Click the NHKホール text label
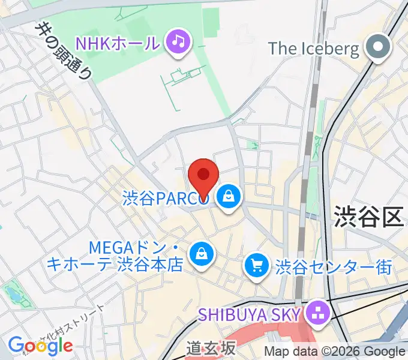[x=117, y=43]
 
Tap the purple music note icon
[x=179, y=41]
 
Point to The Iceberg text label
[x=314, y=48]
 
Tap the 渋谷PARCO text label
[x=166, y=197]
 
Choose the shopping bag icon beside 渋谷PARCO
[x=229, y=196]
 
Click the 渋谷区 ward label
[x=368, y=216]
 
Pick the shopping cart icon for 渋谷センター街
[x=257, y=264]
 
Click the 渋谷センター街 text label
[x=333, y=265]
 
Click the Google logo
[x=40, y=346]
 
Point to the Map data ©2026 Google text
[x=334, y=352]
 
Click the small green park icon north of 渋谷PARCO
[x=253, y=145]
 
